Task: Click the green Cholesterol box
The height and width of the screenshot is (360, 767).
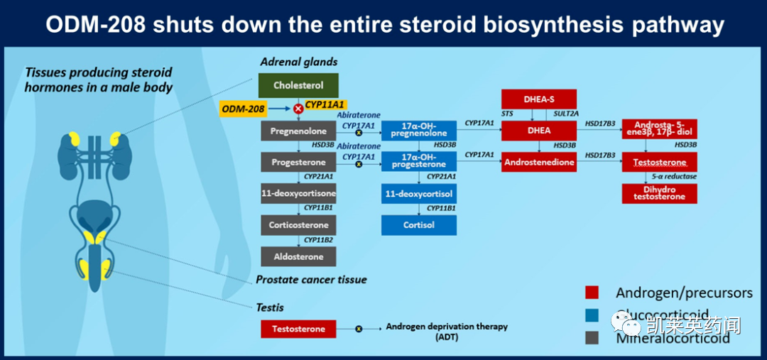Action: tap(298, 85)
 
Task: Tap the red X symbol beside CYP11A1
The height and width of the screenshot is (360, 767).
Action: tap(298, 109)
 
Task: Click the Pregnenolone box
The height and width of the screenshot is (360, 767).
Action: tap(298, 131)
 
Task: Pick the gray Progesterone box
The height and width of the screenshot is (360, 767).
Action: tap(298, 162)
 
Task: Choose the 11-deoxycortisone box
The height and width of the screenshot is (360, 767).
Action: tap(298, 193)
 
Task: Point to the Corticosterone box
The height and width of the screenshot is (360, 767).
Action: tap(298, 224)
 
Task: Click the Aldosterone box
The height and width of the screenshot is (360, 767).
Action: tap(298, 256)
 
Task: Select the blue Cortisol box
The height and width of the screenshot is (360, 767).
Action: tap(418, 224)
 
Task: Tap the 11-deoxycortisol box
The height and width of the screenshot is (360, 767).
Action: tap(418, 193)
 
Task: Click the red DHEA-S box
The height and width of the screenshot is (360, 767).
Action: tap(539, 99)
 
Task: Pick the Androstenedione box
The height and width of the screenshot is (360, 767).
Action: tap(539, 162)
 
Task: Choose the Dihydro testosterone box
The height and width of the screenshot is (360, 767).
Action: tap(660, 193)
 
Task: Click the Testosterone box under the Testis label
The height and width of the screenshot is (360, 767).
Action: tap(298, 329)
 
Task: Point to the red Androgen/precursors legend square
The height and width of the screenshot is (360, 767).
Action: tap(592, 293)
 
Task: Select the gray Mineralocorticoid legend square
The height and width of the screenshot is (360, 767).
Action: tap(592, 338)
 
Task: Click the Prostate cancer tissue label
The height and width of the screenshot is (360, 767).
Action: tap(311, 280)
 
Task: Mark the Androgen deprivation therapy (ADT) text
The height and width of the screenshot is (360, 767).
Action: tap(447, 332)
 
